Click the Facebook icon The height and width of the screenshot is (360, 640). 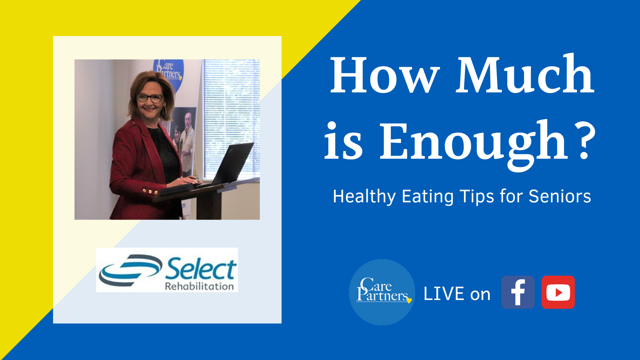coord(518,292)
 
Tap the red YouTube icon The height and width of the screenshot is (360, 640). coord(558,292)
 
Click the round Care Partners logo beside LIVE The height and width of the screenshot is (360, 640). coord(382,292)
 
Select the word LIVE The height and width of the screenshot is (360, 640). coord(444,294)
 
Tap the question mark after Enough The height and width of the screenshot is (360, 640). coord(586,140)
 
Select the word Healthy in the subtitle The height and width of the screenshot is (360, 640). coord(364,197)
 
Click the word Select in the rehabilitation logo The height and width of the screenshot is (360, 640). coord(201,269)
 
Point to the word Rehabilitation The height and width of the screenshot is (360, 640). coord(199,286)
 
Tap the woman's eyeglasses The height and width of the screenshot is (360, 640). coord(150,98)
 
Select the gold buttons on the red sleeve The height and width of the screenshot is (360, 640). coord(150,192)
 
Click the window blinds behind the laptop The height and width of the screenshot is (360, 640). coord(231,117)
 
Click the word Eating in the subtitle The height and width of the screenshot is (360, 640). coord(428,197)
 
